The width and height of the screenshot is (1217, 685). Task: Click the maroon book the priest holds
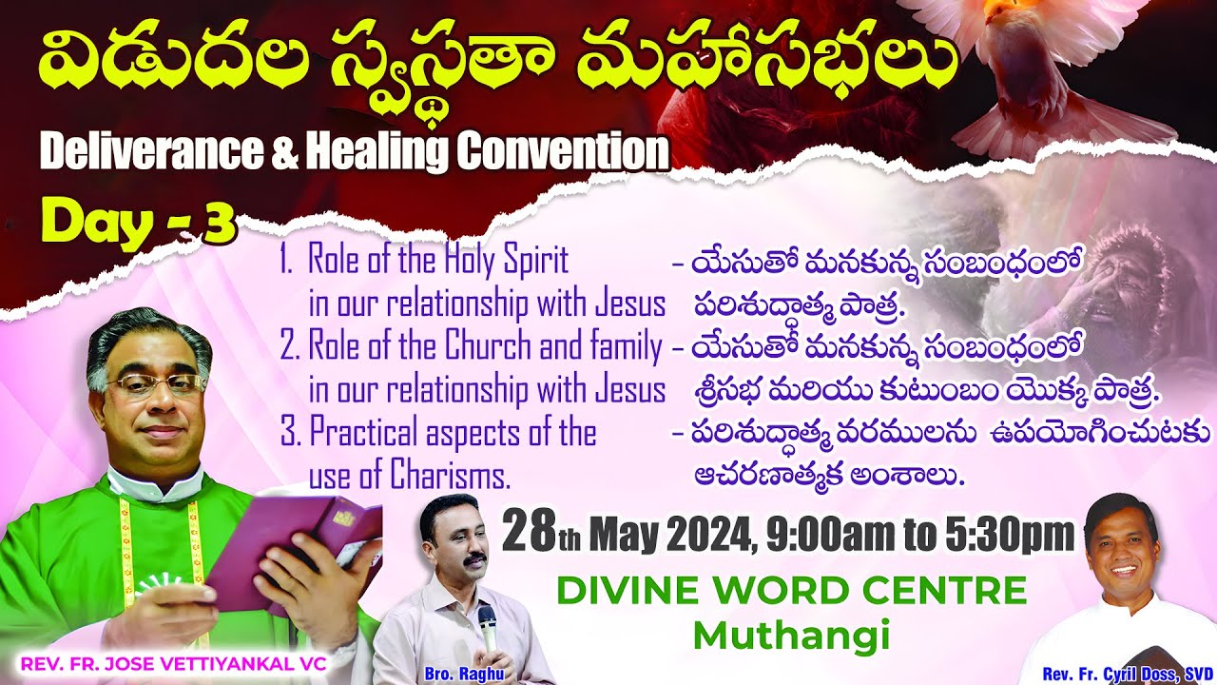[x=290, y=552]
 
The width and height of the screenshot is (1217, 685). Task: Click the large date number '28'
[x=529, y=533]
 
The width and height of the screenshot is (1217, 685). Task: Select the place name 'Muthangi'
[x=791, y=635]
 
